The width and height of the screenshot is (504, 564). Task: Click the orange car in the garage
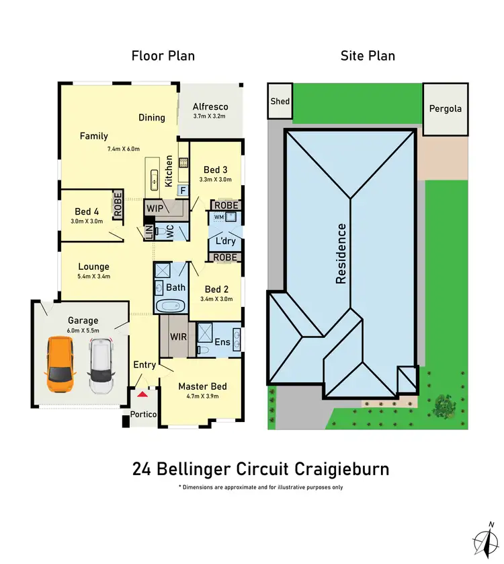coord(60,365)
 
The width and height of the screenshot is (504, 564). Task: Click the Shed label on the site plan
coord(280,101)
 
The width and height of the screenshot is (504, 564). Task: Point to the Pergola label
coord(446,108)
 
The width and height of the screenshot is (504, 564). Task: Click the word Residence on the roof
coord(341,254)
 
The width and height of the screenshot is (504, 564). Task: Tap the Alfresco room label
coord(210,106)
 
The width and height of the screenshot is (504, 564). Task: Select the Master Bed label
coord(202,386)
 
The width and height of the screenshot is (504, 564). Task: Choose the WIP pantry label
coord(155,209)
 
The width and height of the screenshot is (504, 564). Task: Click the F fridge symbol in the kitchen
coord(183,191)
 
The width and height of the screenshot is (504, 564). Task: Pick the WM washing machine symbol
coord(219,217)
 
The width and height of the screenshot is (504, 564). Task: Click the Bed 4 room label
coord(87,211)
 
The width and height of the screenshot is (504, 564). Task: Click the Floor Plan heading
coord(163,55)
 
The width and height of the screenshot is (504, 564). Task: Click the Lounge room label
coord(93,267)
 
